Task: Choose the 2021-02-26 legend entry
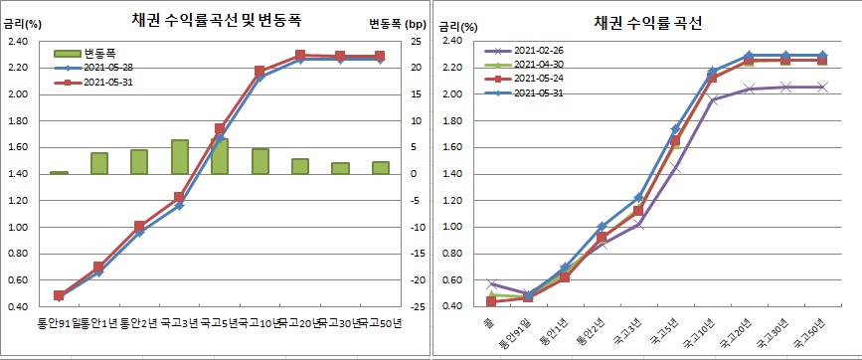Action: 538,50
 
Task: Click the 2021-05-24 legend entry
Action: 538,79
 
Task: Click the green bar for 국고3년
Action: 180,157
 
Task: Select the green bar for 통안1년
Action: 99,163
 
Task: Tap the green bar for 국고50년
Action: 381,168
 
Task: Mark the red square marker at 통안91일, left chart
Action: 59,295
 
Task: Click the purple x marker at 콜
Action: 491,284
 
